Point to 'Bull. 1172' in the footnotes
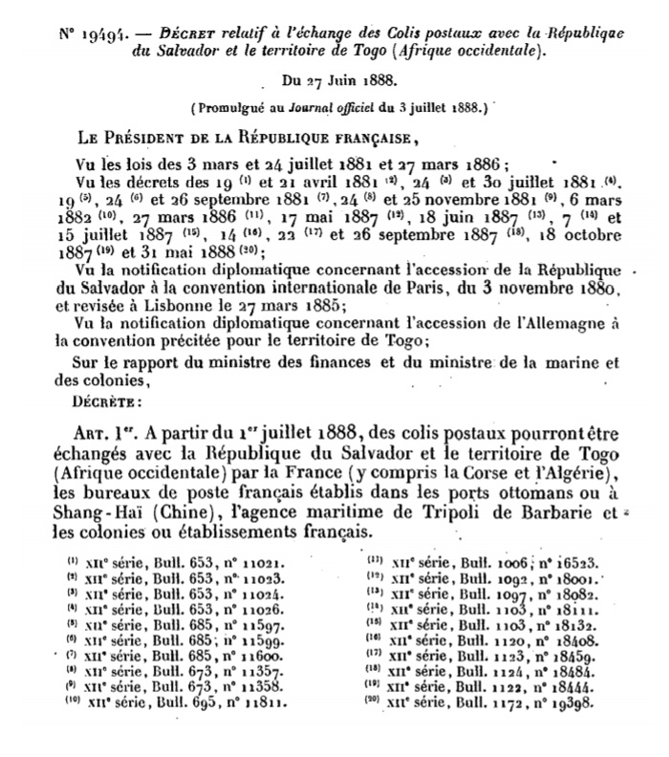click(488, 704)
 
